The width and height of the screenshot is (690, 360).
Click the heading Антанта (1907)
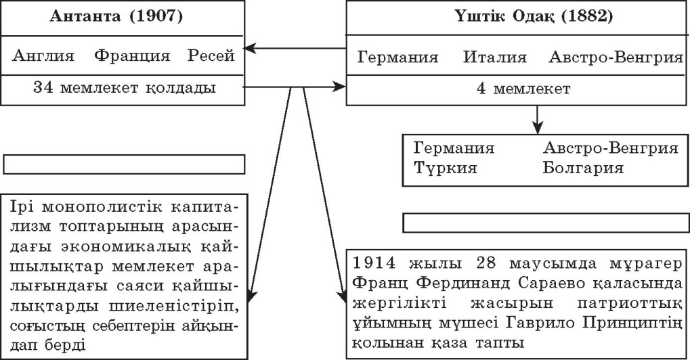pyautogui.click(x=116, y=16)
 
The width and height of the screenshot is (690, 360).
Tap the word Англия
pyautogui.click(x=43, y=55)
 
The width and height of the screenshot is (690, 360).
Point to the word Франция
pyautogui.click(x=132, y=56)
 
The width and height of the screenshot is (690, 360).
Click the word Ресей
pyautogui.click(x=211, y=56)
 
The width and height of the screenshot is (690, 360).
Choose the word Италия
pyautogui.click(x=494, y=58)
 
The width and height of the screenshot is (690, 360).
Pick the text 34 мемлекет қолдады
pyautogui.click(x=125, y=88)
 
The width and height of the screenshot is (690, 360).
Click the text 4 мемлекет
pyautogui.click(x=523, y=89)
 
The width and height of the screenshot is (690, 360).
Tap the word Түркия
pyautogui.click(x=446, y=168)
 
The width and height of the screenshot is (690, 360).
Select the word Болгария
pyautogui.click(x=582, y=168)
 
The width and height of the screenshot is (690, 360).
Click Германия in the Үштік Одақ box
pyautogui.click(x=397, y=58)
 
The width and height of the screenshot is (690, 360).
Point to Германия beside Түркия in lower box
pyautogui.click(x=454, y=148)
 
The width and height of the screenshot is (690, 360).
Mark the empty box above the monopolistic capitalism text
pyautogui.click(x=124, y=164)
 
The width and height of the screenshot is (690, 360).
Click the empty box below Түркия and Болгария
pyautogui.click(x=546, y=223)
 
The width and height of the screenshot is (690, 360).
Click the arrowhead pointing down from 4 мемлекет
pyautogui.click(x=537, y=129)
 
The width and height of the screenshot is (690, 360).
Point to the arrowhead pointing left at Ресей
pyautogui.click(x=250, y=48)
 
